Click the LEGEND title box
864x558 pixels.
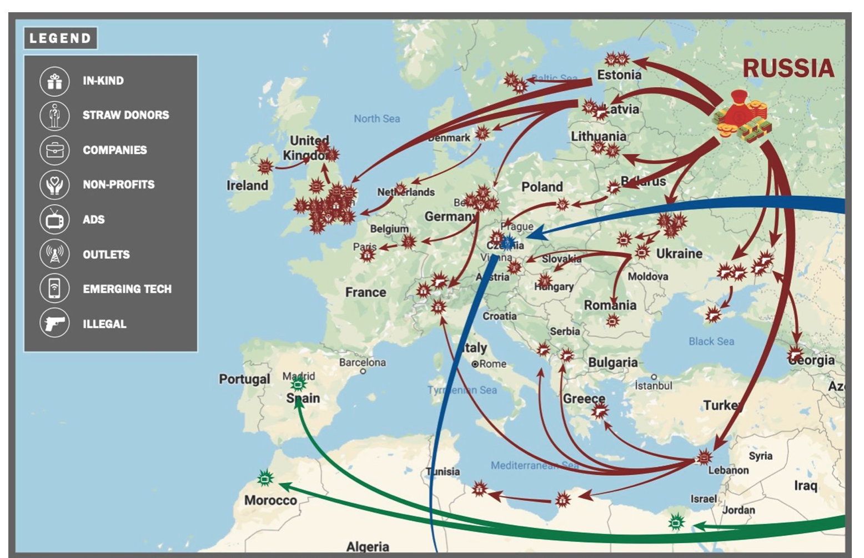[60, 38]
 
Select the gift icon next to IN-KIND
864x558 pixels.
[54, 81]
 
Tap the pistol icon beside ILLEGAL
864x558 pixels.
[54, 323]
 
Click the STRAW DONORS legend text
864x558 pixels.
[125, 115]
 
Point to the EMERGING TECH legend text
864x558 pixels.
[127, 289]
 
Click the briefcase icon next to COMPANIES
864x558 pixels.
[54, 150]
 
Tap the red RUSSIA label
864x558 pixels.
[788, 69]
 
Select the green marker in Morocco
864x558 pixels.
[265, 478]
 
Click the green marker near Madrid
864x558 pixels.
[299, 384]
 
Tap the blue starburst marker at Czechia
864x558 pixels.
[508, 243]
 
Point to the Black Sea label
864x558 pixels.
[711, 341]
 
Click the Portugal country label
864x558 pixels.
[244, 379]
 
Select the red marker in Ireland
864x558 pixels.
[265, 166]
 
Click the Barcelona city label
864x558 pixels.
[362, 362]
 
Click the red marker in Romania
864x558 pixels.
[612, 321]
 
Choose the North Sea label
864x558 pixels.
[376, 118]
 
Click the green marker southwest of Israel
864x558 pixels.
[676, 522]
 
